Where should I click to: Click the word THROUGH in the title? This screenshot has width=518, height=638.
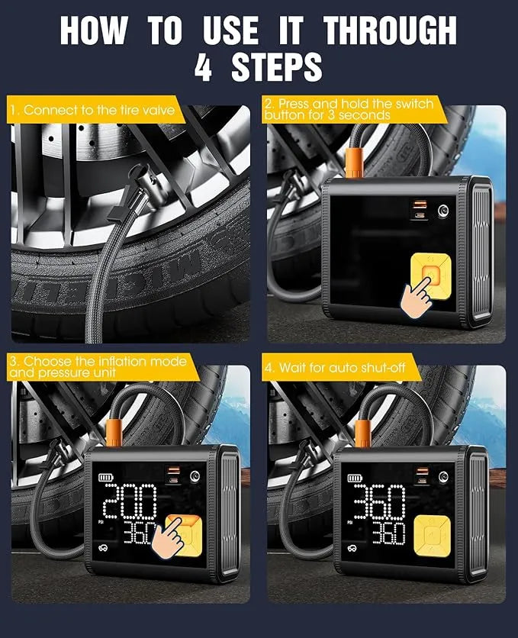pos(390,31)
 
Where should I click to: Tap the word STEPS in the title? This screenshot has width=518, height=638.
pos(277,68)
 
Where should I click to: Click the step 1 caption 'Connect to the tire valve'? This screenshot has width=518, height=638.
pos(92,111)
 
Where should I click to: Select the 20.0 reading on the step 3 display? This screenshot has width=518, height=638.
pos(130,502)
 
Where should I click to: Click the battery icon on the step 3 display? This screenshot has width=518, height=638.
pos(105,478)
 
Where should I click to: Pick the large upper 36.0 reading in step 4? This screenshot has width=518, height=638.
pos(378,501)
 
